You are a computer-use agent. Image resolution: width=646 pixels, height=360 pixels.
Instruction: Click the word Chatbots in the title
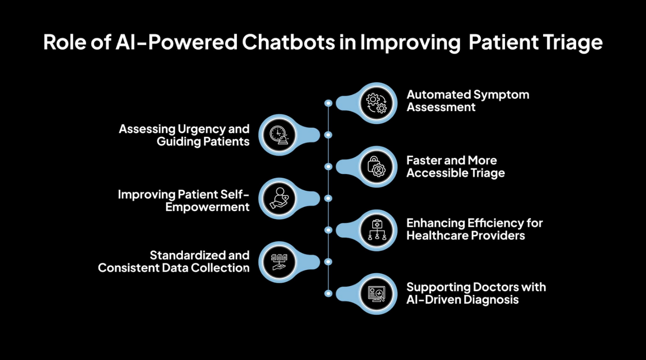click(x=288, y=42)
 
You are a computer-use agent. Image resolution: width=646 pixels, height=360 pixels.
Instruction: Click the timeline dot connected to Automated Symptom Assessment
click(x=328, y=103)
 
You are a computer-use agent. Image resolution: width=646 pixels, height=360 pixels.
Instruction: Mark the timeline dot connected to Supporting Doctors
click(x=328, y=293)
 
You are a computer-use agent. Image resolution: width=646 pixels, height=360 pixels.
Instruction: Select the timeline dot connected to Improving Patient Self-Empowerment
click(x=328, y=198)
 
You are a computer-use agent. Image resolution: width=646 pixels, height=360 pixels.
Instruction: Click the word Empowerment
click(x=208, y=207)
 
